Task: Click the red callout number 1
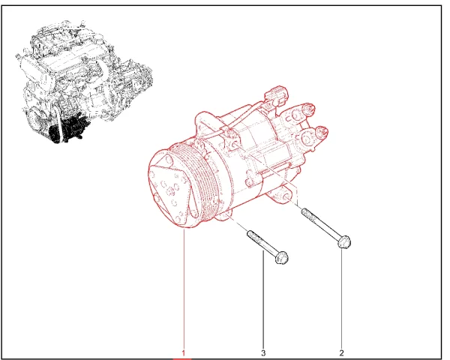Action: [183, 352]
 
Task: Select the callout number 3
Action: [263, 352]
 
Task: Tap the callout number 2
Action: [341, 352]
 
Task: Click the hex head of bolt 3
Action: [282, 257]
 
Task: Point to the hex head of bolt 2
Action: [344, 241]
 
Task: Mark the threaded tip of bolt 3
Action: [250, 234]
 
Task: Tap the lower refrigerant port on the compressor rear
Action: [321, 132]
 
